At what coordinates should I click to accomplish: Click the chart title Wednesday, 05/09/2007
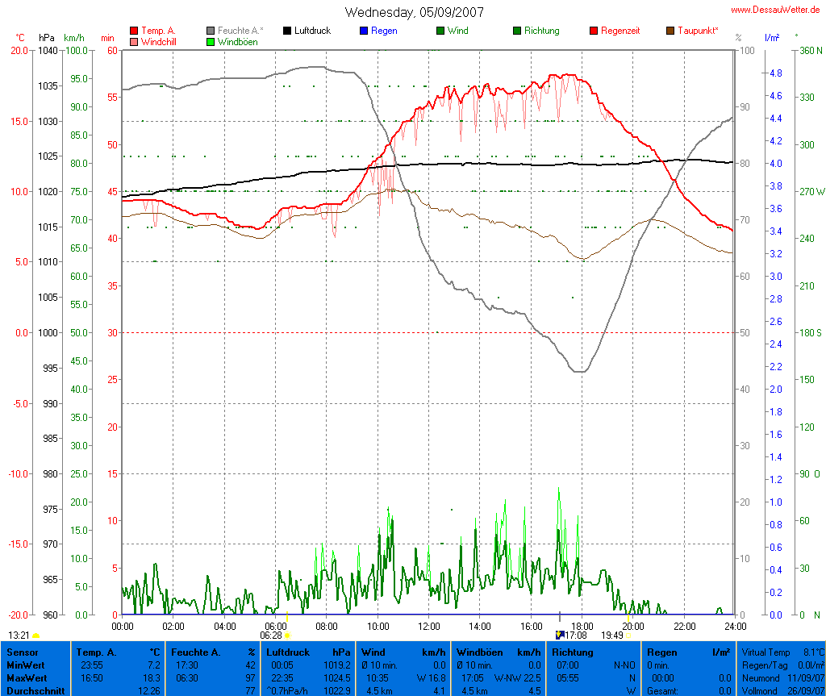point(415,12)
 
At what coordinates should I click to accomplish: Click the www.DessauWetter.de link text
point(777,10)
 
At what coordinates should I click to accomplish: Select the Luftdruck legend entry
point(312,31)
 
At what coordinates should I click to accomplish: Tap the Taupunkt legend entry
point(698,31)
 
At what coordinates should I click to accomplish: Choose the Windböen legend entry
point(237,42)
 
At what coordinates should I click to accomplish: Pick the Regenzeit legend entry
point(620,31)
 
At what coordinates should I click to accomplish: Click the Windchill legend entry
point(162,42)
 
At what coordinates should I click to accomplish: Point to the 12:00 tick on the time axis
point(428,626)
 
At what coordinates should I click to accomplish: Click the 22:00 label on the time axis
point(684,626)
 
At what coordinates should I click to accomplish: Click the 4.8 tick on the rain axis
point(775,73)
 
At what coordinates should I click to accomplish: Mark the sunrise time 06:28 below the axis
point(270,636)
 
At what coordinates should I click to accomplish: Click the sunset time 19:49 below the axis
point(612,636)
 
